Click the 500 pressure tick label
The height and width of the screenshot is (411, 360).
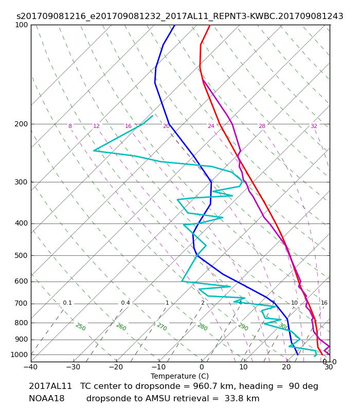point(21,255)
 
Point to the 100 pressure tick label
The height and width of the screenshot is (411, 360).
point(21,25)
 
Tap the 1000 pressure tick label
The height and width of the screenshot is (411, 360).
point(19,354)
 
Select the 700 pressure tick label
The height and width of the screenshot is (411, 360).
point(21,304)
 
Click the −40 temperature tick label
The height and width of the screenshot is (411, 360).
point(31,367)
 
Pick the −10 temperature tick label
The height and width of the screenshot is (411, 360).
point(159,367)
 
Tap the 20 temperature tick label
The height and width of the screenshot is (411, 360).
point(286,367)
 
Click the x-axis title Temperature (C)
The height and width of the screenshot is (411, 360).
point(179,376)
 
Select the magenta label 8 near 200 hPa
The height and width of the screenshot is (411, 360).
point(70,126)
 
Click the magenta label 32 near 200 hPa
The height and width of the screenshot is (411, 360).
point(314,126)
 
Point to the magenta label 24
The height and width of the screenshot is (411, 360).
point(211,126)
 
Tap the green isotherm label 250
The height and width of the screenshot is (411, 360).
point(81,327)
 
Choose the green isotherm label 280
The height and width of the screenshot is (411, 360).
point(202,327)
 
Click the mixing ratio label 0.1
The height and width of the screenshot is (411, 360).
point(67,303)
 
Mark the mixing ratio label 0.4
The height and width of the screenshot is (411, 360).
point(125,303)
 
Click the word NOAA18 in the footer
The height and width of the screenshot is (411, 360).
point(47,399)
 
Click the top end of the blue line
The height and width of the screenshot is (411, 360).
point(175,25)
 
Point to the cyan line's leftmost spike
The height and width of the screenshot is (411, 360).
point(94,151)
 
